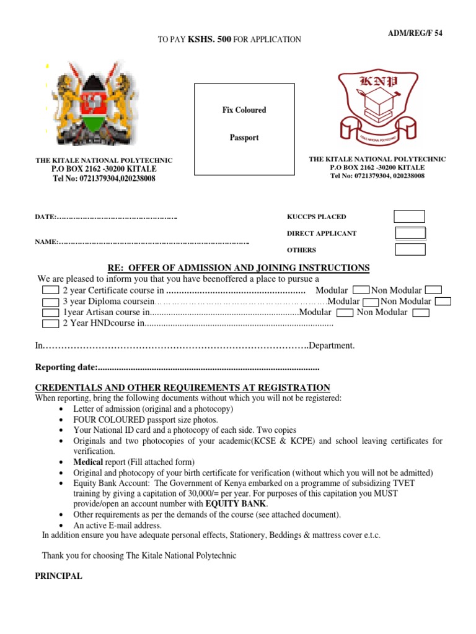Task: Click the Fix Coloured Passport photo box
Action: (244, 124)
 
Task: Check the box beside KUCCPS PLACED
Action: (410, 217)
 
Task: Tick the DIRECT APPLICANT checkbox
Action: (410, 233)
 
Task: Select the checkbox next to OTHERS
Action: (410, 250)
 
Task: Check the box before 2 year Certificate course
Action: (50, 290)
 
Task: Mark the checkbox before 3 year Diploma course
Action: (50, 302)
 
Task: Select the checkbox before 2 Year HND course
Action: (50, 323)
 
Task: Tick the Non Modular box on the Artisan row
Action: (421, 313)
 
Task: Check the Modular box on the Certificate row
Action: (361, 290)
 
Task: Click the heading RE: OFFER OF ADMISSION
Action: (239, 267)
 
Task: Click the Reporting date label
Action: (66, 368)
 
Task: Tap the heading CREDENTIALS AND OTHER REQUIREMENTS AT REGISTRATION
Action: (182, 387)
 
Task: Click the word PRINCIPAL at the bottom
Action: (58, 576)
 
